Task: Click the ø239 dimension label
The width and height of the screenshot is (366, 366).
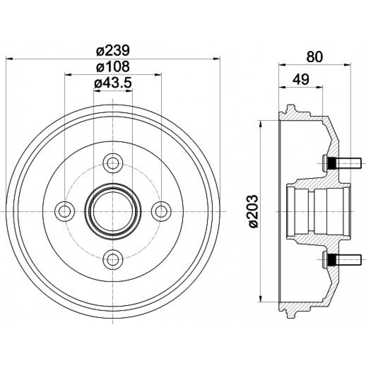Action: (113, 51)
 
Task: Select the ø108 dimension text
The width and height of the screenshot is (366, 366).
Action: (113, 67)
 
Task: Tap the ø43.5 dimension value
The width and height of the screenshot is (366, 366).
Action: (113, 83)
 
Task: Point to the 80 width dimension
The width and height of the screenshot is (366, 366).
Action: (314, 57)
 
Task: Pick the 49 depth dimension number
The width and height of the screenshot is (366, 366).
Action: (301, 79)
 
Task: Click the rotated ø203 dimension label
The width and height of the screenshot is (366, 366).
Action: (253, 211)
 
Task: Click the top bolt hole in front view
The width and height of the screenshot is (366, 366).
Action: (113, 163)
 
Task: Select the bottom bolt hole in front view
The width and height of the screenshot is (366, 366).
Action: (113, 259)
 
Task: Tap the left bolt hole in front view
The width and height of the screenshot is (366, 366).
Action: (65, 211)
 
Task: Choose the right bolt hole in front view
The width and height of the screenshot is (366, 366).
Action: (161, 211)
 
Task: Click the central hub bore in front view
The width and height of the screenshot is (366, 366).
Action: (113, 211)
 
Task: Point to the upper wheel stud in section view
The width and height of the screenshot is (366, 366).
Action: (342, 164)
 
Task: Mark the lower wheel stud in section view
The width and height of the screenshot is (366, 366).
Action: (342, 260)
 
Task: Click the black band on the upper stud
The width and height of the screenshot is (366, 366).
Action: (332, 164)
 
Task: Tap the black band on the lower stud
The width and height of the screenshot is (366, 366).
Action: (332, 260)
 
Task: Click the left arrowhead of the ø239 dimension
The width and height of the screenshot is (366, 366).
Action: (9, 59)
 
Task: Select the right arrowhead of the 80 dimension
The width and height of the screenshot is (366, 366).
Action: (347, 65)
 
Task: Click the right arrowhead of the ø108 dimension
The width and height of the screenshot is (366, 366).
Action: (158, 75)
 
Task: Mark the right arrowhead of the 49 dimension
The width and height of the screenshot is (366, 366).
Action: (319, 87)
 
